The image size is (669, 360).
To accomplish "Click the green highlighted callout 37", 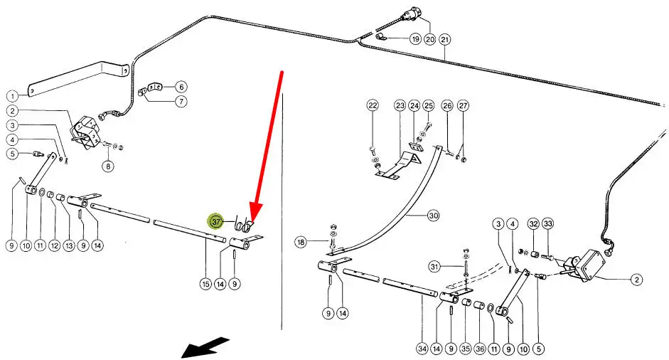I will [x=216, y=222].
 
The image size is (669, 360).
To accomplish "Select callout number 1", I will [x=12, y=95].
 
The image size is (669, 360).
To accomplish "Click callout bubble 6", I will [x=181, y=87].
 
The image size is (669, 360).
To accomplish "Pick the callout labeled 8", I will [x=108, y=166].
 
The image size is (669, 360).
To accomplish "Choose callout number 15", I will [x=205, y=285].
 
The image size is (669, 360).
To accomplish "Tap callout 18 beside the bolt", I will [x=301, y=243].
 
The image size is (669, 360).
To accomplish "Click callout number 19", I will [x=415, y=38].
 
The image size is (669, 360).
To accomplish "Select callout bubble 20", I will [x=429, y=38].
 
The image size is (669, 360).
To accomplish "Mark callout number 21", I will [x=445, y=38].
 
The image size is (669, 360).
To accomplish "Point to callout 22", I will [x=373, y=106].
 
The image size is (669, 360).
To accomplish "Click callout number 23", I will [x=400, y=106].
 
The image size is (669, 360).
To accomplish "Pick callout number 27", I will [x=464, y=106].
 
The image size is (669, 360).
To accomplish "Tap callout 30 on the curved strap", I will [x=434, y=214].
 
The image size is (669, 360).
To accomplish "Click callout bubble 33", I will [x=547, y=224].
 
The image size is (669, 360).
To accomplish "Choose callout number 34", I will [x=422, y=349].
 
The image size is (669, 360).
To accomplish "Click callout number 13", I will [x=69, y=245].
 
